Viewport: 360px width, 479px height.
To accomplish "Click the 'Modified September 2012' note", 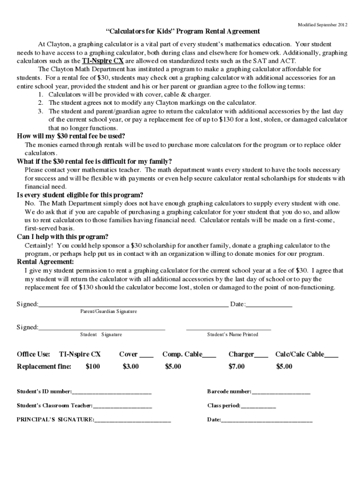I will [x=323, y=24].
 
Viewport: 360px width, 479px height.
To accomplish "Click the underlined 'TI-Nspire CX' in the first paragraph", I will [x=103, y=61].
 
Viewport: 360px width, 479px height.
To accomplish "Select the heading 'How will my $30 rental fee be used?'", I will [x=71, y=136].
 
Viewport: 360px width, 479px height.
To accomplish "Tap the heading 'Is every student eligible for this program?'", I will [x=80, y=195].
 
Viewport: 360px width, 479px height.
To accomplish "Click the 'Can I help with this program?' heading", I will [x=63, y=237].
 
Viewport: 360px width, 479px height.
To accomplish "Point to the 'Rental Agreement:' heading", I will [x=45, y=262].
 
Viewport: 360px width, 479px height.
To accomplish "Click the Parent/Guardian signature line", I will [x=133, y=305].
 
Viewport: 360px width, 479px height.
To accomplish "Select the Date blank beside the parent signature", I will [x=269, y=305].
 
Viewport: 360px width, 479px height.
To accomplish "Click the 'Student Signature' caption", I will [x=101, y=335].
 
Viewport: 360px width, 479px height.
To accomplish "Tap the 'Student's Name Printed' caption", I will [x=232, y=335].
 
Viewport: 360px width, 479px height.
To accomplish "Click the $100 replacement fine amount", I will [x=93, y=367].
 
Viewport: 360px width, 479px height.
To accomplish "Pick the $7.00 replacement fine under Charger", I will [x=236, y=367].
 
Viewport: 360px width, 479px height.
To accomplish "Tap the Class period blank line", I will [x=258, y=406].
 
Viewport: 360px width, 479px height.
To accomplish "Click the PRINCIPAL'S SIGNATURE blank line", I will [x=132, y=421].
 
